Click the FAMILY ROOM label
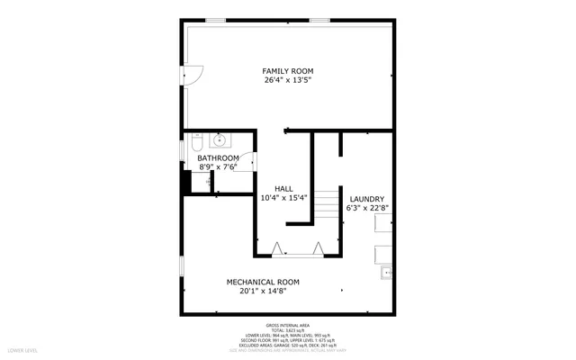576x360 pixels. coord(288,71)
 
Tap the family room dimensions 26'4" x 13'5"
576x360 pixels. coord(288,80)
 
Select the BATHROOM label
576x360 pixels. coord(218,157)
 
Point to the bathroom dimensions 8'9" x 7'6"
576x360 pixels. coord(218,166)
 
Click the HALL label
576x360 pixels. coord(283,188)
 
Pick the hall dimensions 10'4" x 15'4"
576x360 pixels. coord(283,197)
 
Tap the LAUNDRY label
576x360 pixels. coord(367,199)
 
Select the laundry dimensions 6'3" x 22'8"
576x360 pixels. coord(367,208)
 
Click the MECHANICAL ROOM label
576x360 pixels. coord(263,282)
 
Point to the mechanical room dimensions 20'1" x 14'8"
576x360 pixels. coord(263,291)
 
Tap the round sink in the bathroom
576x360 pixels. coord(220,140)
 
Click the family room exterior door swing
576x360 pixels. coord(193,76)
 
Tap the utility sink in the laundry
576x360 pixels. coord(386,271)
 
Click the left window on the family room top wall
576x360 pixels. coord(216,20)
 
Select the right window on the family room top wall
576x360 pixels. coord(319,20)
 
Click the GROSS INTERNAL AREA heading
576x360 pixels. coord(288,325)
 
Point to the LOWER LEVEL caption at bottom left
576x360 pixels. coord(22,348)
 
